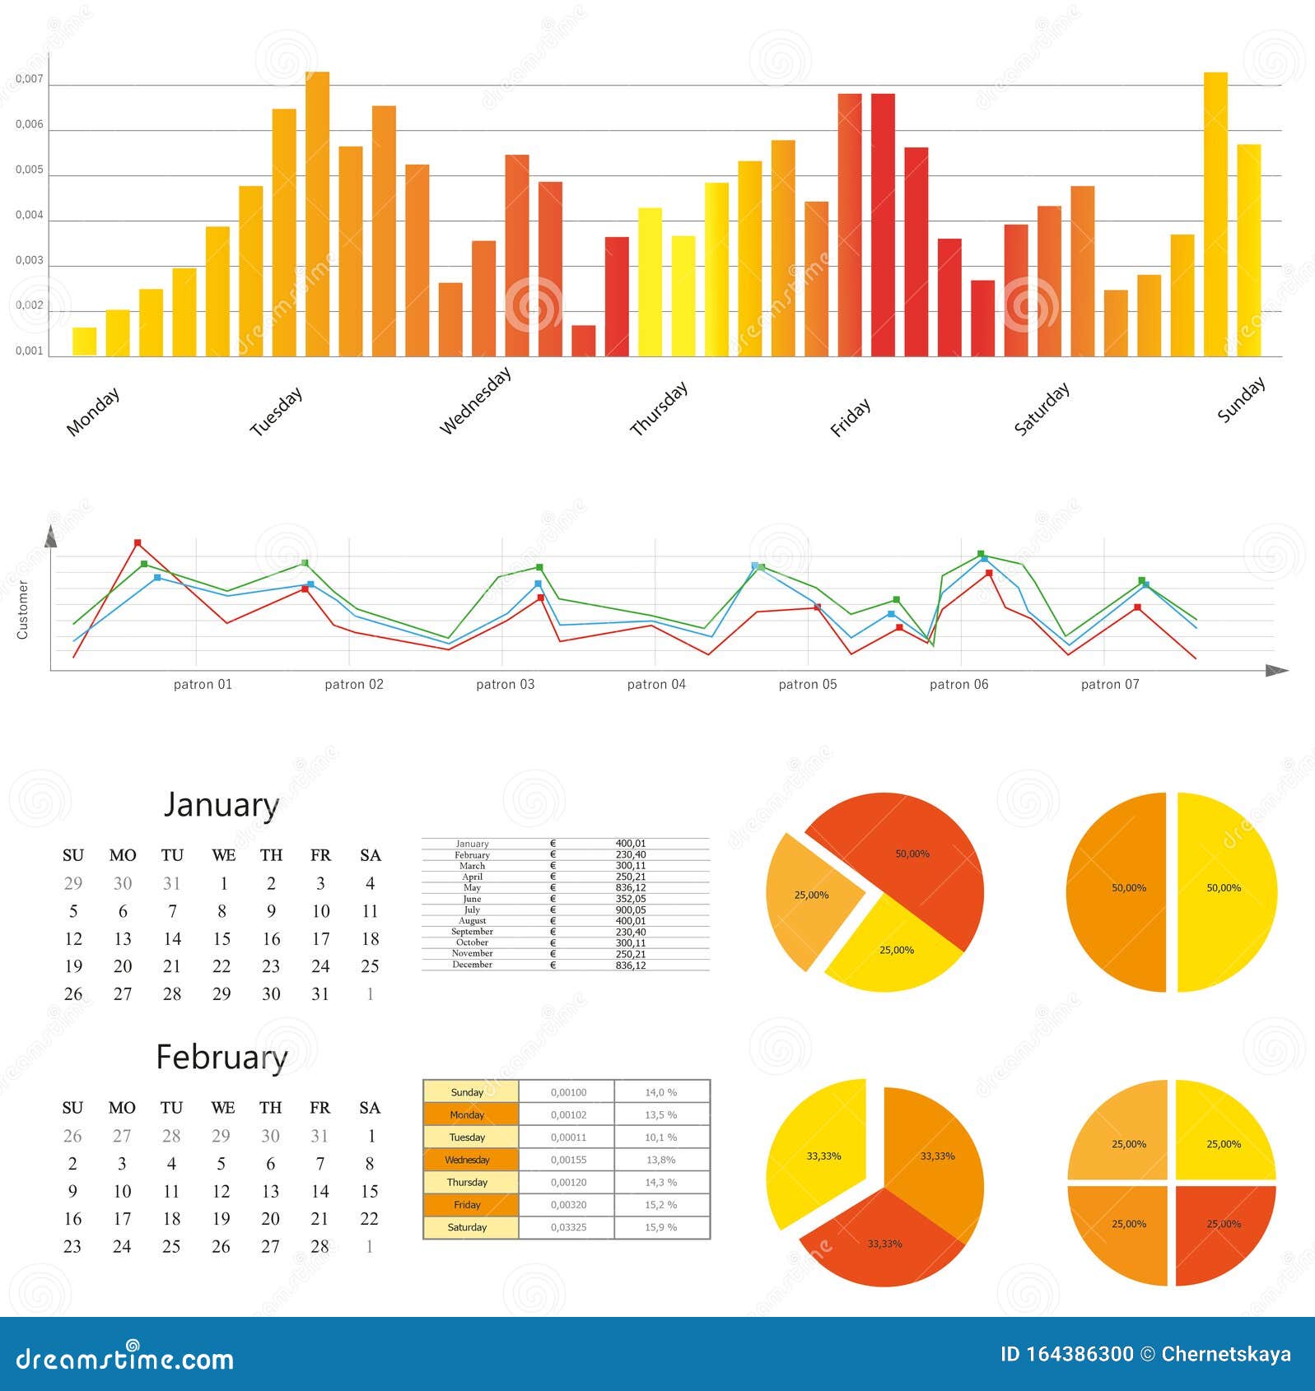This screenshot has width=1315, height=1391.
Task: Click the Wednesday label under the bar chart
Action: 475,401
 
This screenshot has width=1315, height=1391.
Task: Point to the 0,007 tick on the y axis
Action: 29,79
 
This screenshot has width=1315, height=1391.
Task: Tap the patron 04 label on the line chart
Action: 656,684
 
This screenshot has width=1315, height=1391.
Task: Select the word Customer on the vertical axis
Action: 22,610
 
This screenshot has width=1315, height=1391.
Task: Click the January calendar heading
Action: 221,804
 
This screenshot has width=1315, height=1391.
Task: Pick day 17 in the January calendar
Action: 320,938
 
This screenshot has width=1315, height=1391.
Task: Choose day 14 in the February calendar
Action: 319,1191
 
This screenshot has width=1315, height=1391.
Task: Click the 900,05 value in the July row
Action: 631,909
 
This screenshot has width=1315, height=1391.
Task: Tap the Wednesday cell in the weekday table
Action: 468,1160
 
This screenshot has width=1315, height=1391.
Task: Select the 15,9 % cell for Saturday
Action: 660,1227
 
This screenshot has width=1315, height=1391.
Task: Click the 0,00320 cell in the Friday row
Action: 568,1205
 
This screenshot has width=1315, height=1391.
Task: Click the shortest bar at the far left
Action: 84,342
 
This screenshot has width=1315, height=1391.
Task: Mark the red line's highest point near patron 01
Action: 138,543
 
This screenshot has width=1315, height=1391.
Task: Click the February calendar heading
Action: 221,1057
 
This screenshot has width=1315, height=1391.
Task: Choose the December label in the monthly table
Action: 472,965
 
